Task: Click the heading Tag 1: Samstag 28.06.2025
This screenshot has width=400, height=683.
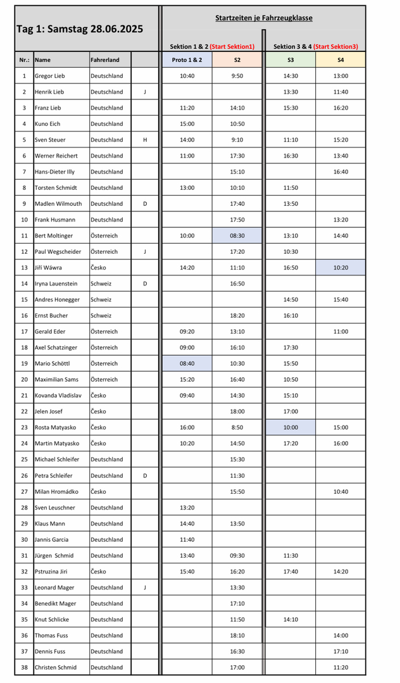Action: click(80, 29)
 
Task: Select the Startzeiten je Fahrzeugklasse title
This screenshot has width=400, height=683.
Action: click(264, 18)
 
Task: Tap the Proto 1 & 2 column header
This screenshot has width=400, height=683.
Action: click(187, 60)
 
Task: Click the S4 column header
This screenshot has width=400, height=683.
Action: click(341, 60)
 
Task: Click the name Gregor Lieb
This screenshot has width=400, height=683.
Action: click(50, 76)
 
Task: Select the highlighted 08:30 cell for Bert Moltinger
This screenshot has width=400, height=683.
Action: click(237, 235)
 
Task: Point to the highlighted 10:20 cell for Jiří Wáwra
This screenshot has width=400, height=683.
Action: click(341, 268)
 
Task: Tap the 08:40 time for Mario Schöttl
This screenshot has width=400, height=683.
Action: click(187, 363)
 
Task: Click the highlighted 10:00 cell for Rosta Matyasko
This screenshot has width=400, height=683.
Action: click(291, 427)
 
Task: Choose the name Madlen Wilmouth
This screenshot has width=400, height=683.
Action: click(58, 204)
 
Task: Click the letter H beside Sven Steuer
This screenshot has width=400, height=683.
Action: click(145, 140)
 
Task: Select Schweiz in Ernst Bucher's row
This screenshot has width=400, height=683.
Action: click(101, 315)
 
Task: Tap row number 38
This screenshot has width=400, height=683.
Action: click(24, 667)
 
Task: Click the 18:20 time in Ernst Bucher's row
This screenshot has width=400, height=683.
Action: click(237, 315)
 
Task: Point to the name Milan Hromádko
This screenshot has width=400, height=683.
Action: click(57, 491)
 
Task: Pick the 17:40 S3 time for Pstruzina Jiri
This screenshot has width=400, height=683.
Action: click(291, 571)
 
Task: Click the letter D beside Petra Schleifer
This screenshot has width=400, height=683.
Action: click(145, 475)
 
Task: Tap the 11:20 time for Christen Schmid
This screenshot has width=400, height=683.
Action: click(341, 667)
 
